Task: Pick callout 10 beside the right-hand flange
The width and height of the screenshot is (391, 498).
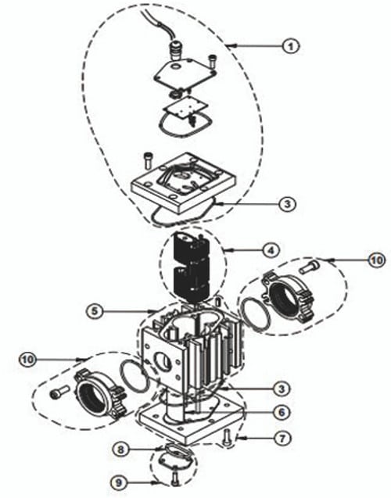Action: point(376,259)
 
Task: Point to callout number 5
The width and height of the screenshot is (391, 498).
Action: point(94,310)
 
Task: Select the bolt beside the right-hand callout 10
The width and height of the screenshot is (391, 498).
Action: point(308,268)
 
